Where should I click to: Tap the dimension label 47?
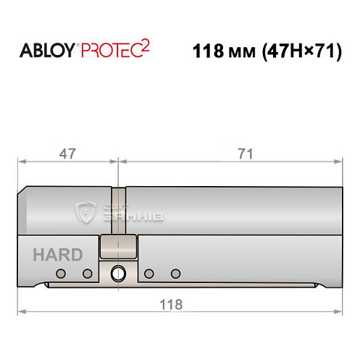[x=67, y=153]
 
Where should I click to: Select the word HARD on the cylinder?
[x=57, y=255]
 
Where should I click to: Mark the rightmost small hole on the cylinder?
[x=175, y=273]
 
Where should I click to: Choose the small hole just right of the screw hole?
[x=148, y=273]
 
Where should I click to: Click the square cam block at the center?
[x=118, y=247]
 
